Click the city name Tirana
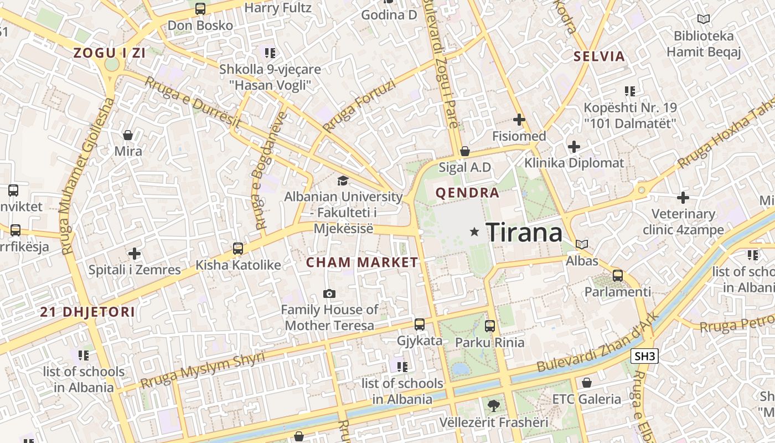click(524, 232)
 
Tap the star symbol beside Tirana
click(474, 232)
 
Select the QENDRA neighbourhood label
click(467, 193)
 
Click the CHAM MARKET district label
click(362, 262)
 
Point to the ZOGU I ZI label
click(110, 53)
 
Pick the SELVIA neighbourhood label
click(599, 56)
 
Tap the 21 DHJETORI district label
click(87, 312)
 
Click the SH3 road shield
click(644, 356)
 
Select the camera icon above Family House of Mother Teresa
click(329, 293)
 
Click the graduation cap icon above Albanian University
click(343, 181)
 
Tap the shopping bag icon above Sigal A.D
click(465, 151)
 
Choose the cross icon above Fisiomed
click(519, 120)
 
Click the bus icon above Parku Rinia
click(490, 326)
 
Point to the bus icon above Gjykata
click(420, 324)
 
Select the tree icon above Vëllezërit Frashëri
click(493, 406)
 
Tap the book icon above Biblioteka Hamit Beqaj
click(704, 19)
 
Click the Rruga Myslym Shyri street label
click(203, 369)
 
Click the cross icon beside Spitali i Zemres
click(135, 254)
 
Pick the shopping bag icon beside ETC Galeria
click(587, 383)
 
